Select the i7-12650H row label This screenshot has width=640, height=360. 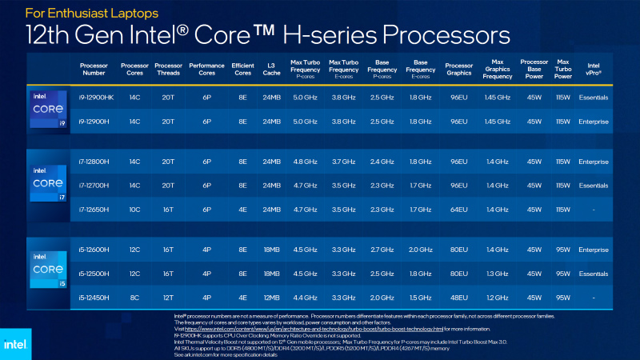point(97,210)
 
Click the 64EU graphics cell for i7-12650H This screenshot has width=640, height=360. point(459,210)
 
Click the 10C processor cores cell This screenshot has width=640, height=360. point(134,210)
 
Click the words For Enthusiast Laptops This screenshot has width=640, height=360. point(80,14)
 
